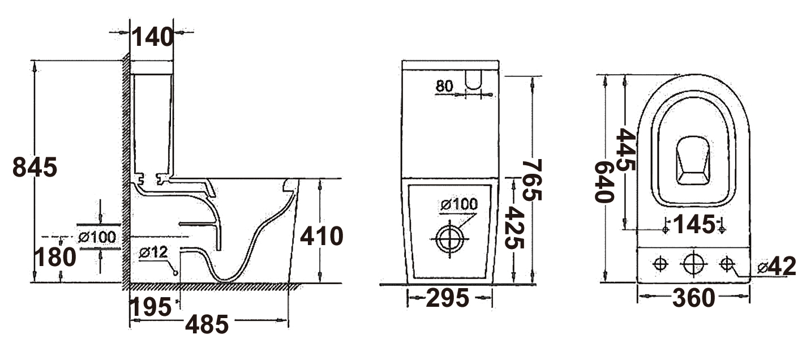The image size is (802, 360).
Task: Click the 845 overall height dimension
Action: point(35,168)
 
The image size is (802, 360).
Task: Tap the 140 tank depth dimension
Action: point(153,37)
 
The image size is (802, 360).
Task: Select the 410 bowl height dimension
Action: point(321,236)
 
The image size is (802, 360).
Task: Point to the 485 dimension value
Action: point(207,324)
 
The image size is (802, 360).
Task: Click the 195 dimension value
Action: point(151,307)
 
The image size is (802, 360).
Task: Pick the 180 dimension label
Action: point(55,257)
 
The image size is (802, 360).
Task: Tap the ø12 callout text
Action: point(153,252)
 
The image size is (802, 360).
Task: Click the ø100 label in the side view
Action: point(97,237)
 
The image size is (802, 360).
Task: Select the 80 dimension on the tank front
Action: point(444,86)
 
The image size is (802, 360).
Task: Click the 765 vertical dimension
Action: point(532,180)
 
